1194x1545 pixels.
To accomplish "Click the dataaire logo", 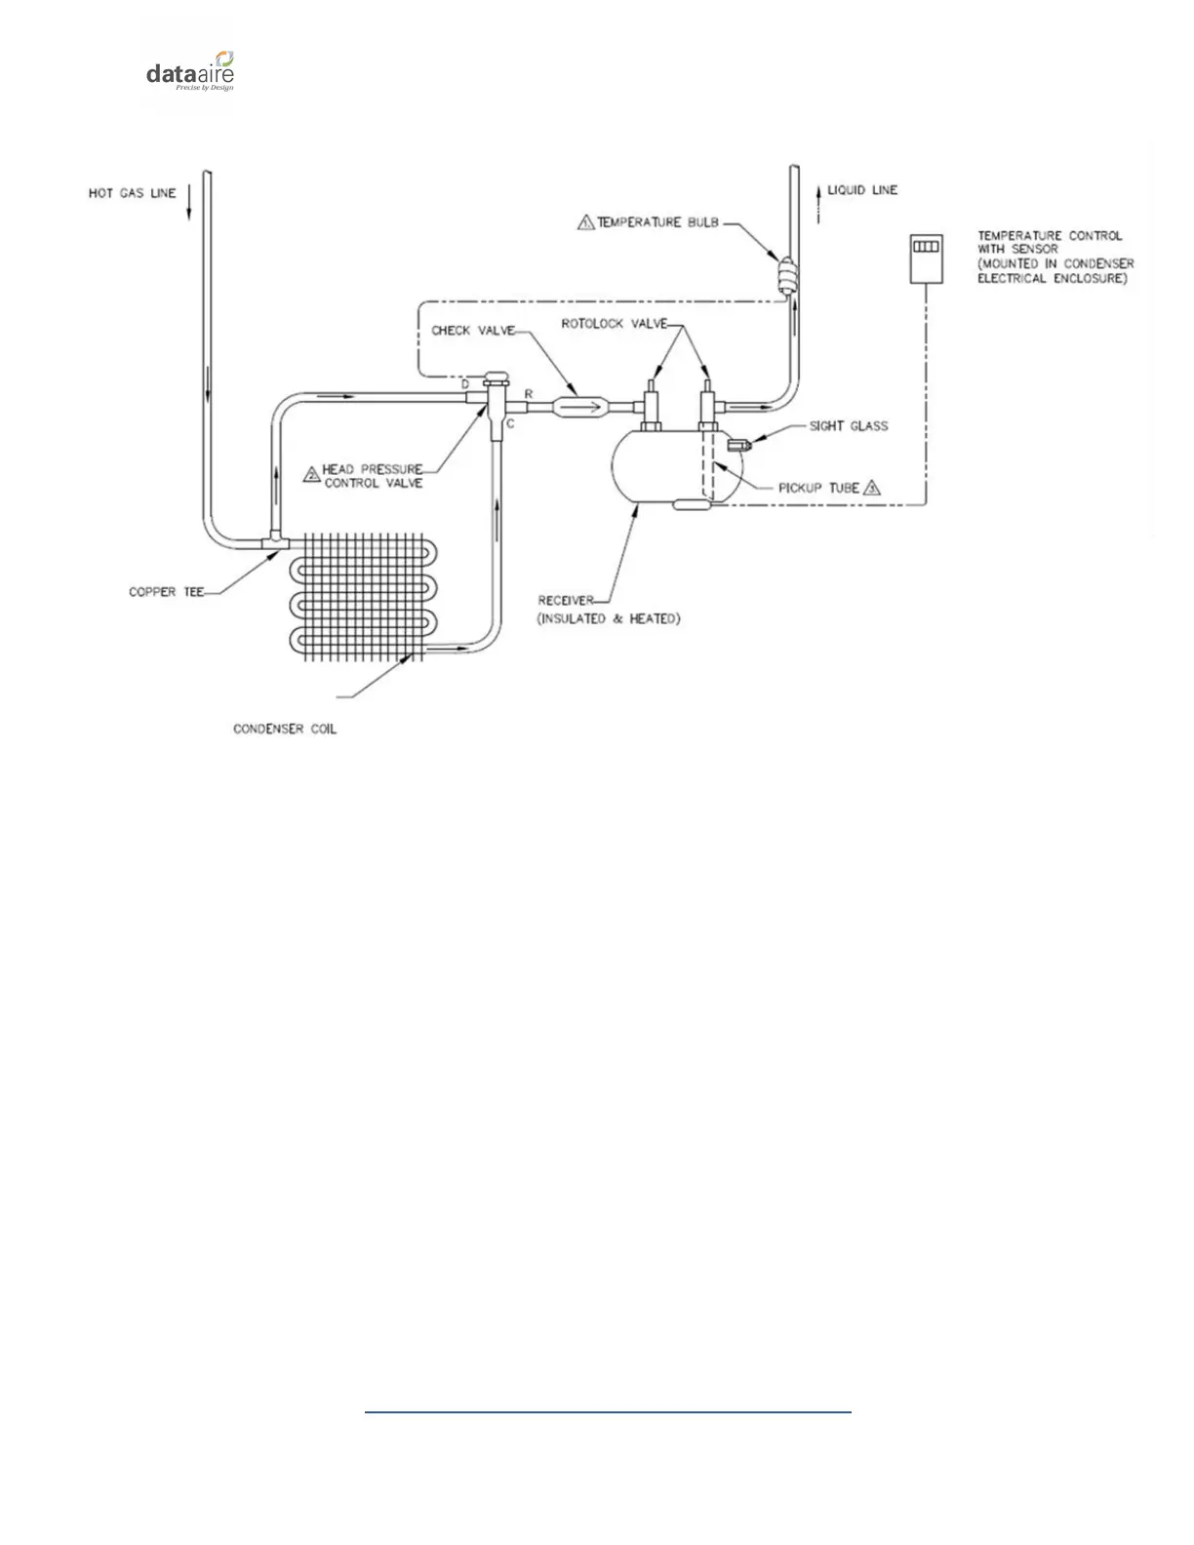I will pos(190,71).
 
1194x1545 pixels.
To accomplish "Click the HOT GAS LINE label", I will pos(133,193).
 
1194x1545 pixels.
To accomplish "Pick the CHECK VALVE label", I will pos(472,331).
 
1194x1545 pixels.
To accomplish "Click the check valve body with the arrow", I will pos(579,403).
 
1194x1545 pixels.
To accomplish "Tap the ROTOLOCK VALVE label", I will pos(614,324).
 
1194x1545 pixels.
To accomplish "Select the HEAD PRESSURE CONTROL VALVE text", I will pos(373,476).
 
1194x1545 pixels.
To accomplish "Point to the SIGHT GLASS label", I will pos(849,426).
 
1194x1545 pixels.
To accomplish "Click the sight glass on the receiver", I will pos(736,445).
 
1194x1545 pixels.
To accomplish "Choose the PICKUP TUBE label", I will pos(818,488).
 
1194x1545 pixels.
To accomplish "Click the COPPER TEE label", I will pos(166,592).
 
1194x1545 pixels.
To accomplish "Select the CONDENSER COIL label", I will pos(285,730).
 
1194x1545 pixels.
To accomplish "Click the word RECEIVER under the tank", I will pos(565,601).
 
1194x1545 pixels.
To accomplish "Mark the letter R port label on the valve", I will pos(529,394).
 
